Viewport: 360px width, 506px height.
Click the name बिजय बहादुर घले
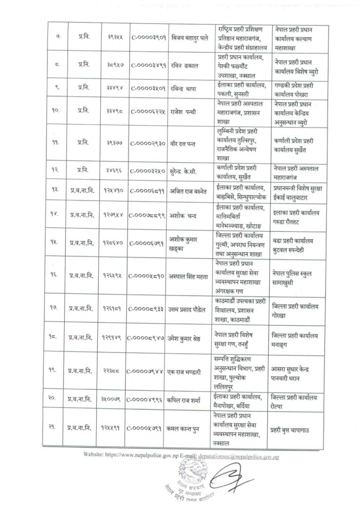pyautogui.click(x=191, y=37)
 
